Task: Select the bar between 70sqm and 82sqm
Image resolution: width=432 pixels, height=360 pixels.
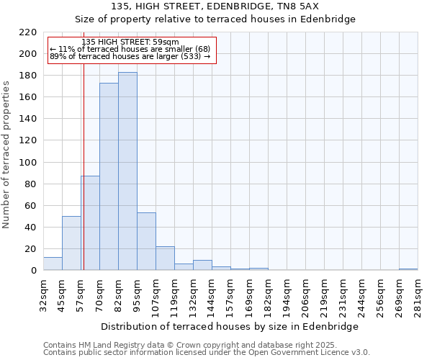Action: pos(109,176)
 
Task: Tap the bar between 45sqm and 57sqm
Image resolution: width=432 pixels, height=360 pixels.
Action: pos(71,243)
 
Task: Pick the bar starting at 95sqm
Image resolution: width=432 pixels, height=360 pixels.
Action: pos(146,242)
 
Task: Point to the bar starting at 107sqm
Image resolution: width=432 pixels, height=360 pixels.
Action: pos(165,258)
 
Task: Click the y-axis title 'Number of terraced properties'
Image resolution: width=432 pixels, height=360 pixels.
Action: pos(7,155)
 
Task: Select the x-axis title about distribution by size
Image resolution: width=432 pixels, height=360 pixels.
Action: pos(230,326)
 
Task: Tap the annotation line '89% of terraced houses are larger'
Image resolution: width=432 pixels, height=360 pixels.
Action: pos(130,56)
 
